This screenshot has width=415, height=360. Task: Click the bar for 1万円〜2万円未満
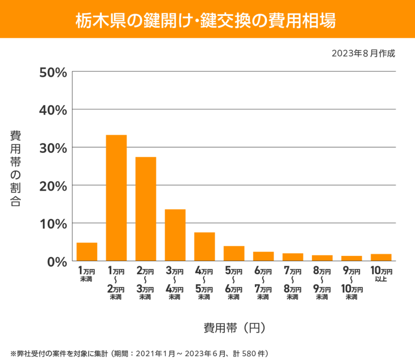point(116,198)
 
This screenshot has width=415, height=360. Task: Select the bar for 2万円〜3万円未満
point(146,209)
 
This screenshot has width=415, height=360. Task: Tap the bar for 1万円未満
point(87,252)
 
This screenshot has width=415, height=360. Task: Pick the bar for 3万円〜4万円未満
point(175,235)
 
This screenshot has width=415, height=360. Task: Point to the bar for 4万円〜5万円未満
point(205,247)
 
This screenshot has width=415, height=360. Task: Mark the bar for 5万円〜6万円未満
point(234,254)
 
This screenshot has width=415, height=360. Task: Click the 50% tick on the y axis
point(53,72)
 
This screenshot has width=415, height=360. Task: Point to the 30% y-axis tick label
point(53,148)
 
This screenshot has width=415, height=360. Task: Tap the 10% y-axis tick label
point(53,224)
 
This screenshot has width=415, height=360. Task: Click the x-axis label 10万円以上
point(381,274)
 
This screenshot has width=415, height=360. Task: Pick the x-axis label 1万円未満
point(87,274)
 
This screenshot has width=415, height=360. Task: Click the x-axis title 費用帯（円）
point(234,328)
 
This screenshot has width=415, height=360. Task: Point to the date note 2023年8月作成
point(363,53)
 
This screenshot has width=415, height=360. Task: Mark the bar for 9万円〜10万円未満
point(352,258)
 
